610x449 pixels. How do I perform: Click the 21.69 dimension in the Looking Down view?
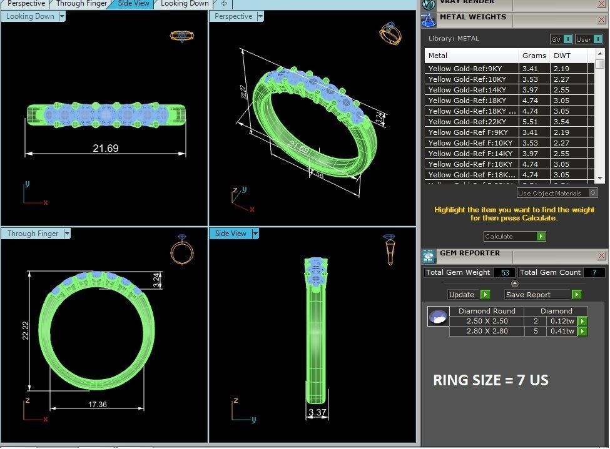pyautogui.click(x=105, y=149)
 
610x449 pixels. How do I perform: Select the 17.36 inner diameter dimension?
pyautogui.click(x=97, y=405)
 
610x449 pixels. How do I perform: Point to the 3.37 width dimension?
pyautogui.click(x=317, y=412)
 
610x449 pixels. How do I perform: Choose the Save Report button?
pyautogui.click(x=542, y=295)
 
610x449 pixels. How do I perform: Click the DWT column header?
pyautogui.click(x=562, y=56)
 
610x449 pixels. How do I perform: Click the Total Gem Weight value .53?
pyautogui.click(x=505, y=272)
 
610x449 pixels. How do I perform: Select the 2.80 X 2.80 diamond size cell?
pyautogui.click(x=487, y=331)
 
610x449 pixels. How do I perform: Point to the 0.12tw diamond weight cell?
pyautogui.click(x=562, y=321)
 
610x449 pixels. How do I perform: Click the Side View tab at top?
pyautogui.click(x=134, y=4)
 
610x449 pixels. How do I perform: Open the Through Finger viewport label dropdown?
pyautogui.click(x=67, y=234)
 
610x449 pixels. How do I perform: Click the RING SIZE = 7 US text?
pyautogui.click(x=491, y=380)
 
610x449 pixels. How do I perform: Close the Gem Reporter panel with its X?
pyautogui.click(x=601, y=255)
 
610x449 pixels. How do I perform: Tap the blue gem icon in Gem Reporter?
pyautogui.click(x=438, y=317)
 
